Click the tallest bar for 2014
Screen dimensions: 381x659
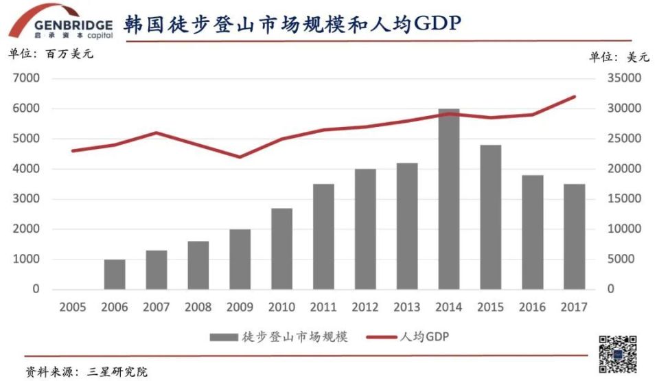point(449,199)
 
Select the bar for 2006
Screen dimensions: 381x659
point(115,274)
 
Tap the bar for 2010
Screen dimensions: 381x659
point(281,249)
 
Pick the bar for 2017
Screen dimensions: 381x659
point(574,236)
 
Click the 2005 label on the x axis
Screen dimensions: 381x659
point(73,308)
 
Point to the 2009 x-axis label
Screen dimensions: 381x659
point(240,308)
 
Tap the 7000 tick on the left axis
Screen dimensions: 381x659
point(26,78)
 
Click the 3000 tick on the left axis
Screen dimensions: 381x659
point(26,199)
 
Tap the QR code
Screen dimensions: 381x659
point(617,354)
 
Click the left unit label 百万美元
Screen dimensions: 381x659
point(69,54)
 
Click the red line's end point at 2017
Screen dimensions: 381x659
point(574,97)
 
